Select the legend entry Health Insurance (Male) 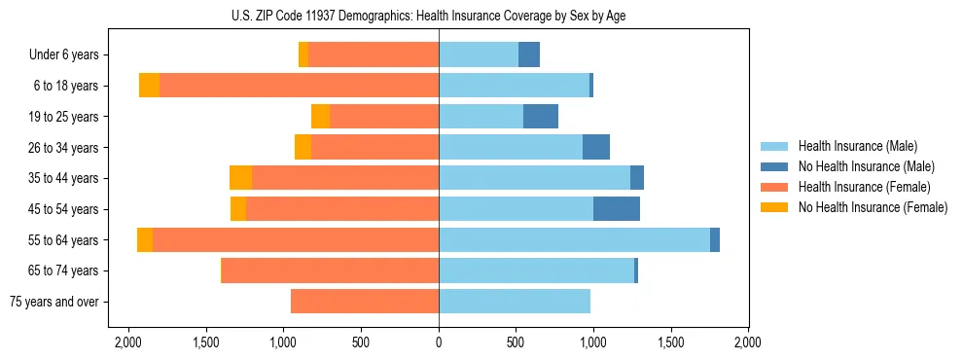click(857, 146)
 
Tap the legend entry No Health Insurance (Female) click(873, 207)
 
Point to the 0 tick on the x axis click(439, 343)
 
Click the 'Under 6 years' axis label click(64, 55)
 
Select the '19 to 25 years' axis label click(64, 117)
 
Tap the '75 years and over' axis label click(53, 302)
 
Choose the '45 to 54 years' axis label click(64, 209)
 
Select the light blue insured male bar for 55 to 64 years click(574, 240)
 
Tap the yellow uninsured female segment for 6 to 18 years click(149, 86)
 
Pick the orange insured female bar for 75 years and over click(365, 302)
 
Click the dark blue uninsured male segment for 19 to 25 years click(541, 117)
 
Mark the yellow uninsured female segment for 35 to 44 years click(240, 178)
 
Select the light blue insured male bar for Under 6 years click(479, 55)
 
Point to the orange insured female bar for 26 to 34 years click(374, 148)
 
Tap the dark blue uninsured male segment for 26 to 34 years click(596, 148)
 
